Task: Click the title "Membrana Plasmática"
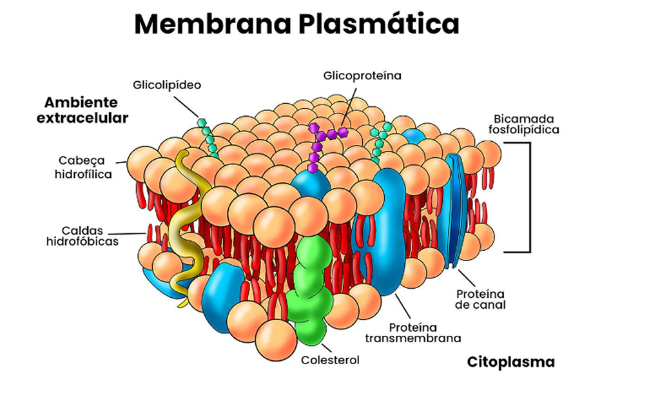click(x=296, y=24)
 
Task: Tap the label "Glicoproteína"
click(x=362, y=75)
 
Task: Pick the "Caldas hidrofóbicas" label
click(x=82, y=236)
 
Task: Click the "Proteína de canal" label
click(x=480, y=298)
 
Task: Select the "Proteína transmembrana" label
click(x=412, y=332)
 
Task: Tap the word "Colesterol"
click(x=330, y=360)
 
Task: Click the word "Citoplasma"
click(x=510, y=362)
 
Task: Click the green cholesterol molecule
click(x=310, y=284)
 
